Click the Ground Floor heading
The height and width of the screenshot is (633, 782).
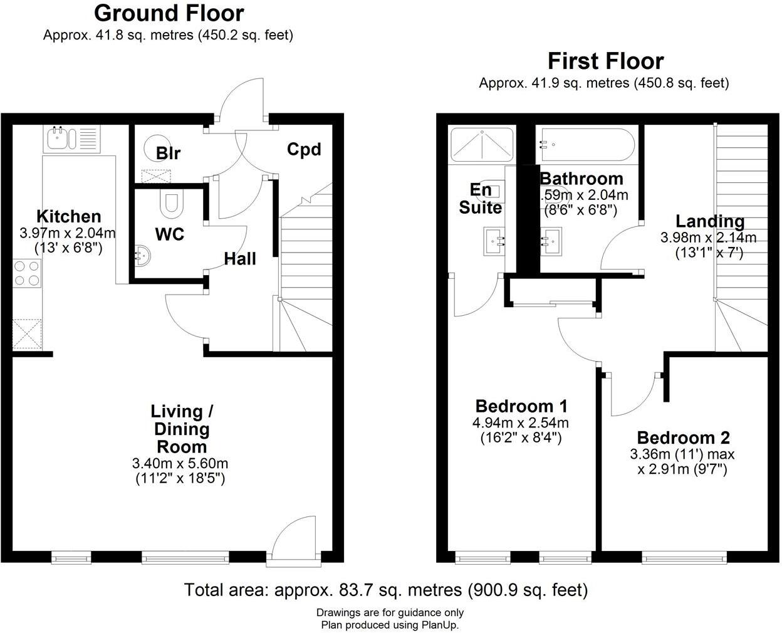169,13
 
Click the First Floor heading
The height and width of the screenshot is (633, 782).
605,61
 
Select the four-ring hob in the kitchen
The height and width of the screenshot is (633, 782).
27,274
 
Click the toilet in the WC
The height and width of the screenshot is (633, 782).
170,204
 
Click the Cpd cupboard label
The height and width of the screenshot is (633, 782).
304,149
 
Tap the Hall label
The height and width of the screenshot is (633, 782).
240,258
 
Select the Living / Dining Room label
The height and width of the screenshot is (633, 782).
182,429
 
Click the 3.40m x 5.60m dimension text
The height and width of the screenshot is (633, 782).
180,464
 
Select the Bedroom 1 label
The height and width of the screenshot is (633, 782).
521,405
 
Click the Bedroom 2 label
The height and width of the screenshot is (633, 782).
683,437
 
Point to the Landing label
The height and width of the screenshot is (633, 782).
709,221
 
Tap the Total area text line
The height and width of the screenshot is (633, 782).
386,590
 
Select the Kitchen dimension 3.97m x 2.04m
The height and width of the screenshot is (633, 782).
68,233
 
